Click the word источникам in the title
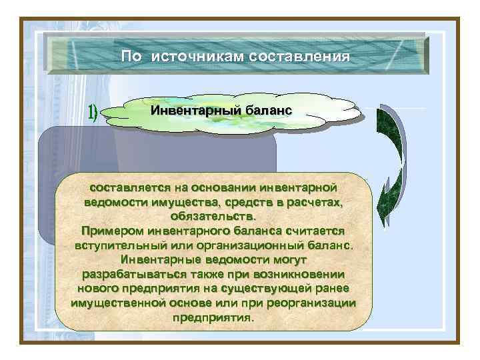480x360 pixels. click(x=197, y=57)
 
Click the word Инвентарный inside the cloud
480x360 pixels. click(x=193, y=109)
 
